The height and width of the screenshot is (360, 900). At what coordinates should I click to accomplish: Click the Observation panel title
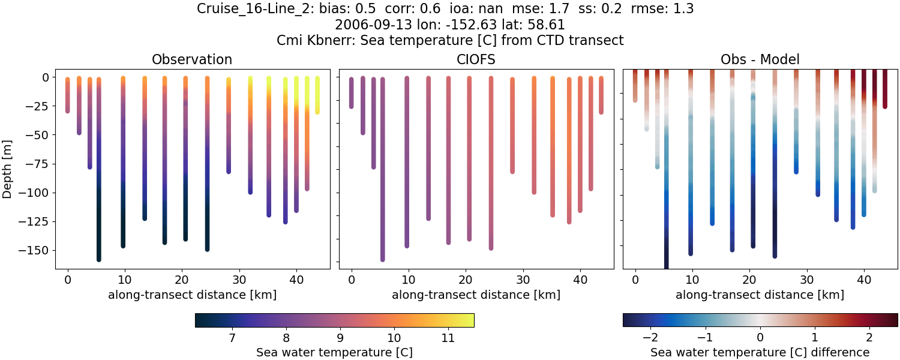coord(191,59)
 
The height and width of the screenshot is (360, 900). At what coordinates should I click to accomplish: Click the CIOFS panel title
coord(476,59)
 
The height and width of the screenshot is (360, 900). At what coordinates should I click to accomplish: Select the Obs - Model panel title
coord(760,59)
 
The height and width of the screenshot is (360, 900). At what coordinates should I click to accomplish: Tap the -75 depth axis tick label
coord(40,164)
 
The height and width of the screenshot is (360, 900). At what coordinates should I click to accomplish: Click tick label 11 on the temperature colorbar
coord(447,338)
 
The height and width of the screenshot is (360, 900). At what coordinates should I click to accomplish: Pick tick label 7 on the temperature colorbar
coord(232,338)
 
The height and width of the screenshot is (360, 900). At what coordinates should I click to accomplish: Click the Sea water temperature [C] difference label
coord(760,352)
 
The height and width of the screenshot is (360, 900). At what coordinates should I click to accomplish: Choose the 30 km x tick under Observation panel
coord(239,280)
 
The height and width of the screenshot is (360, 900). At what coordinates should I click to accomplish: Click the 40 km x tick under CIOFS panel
coord(580,280)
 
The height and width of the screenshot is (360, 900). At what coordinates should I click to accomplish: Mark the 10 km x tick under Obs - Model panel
coord(692,280)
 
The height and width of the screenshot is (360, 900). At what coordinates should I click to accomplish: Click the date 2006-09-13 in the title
coord(367,25)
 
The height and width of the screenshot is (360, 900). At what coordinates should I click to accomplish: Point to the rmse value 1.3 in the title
coord(683,9)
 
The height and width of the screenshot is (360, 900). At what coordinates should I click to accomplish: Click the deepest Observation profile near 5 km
coord(99,180)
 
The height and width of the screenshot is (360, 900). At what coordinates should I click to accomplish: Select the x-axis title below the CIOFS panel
coord(476,295)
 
